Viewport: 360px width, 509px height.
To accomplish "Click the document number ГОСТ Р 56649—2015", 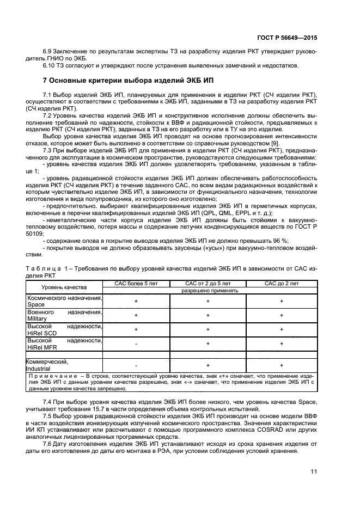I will [287, 39].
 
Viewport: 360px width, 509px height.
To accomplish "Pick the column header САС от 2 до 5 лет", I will [208, 284].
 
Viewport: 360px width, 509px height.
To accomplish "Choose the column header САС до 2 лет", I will [281, 284].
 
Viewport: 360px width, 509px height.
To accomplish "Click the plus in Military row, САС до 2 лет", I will [281, 315].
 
